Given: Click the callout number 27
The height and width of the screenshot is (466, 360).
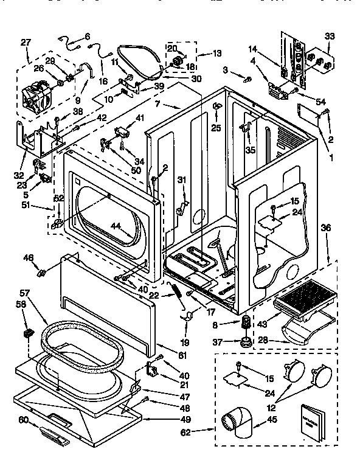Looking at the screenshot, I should (x=26, y=42).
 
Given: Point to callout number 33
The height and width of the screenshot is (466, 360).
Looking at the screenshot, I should (x=330, y=36).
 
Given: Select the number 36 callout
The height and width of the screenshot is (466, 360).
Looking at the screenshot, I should (x=326, y=228).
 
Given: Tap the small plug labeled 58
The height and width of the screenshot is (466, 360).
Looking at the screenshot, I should (x=28, y=333).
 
